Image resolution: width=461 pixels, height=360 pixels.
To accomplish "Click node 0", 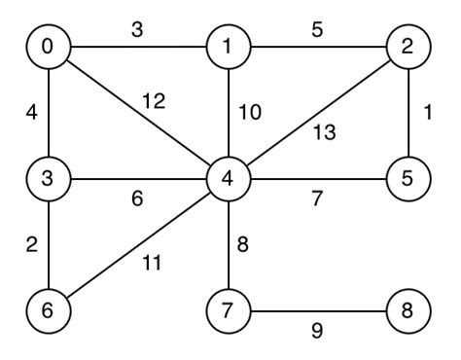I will coord(48,48).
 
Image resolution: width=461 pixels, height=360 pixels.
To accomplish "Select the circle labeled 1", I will coord(228,48).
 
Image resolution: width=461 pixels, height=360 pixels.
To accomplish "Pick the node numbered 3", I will coord(48,179).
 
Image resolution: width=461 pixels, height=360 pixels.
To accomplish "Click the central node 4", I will coord(228,179).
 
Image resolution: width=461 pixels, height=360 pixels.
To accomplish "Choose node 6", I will coord(48,312).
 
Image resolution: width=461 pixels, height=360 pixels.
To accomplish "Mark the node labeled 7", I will coord(228,312).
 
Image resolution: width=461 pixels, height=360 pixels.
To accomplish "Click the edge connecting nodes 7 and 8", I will coord(317,312).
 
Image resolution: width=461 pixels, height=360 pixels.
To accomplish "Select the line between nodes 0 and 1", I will coord(137,48).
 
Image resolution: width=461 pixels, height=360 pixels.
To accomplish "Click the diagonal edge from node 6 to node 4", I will coord(137,246).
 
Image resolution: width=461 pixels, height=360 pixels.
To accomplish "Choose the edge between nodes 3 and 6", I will coord(48,245).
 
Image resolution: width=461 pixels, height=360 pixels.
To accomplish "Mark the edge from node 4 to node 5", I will coord(317,179).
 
